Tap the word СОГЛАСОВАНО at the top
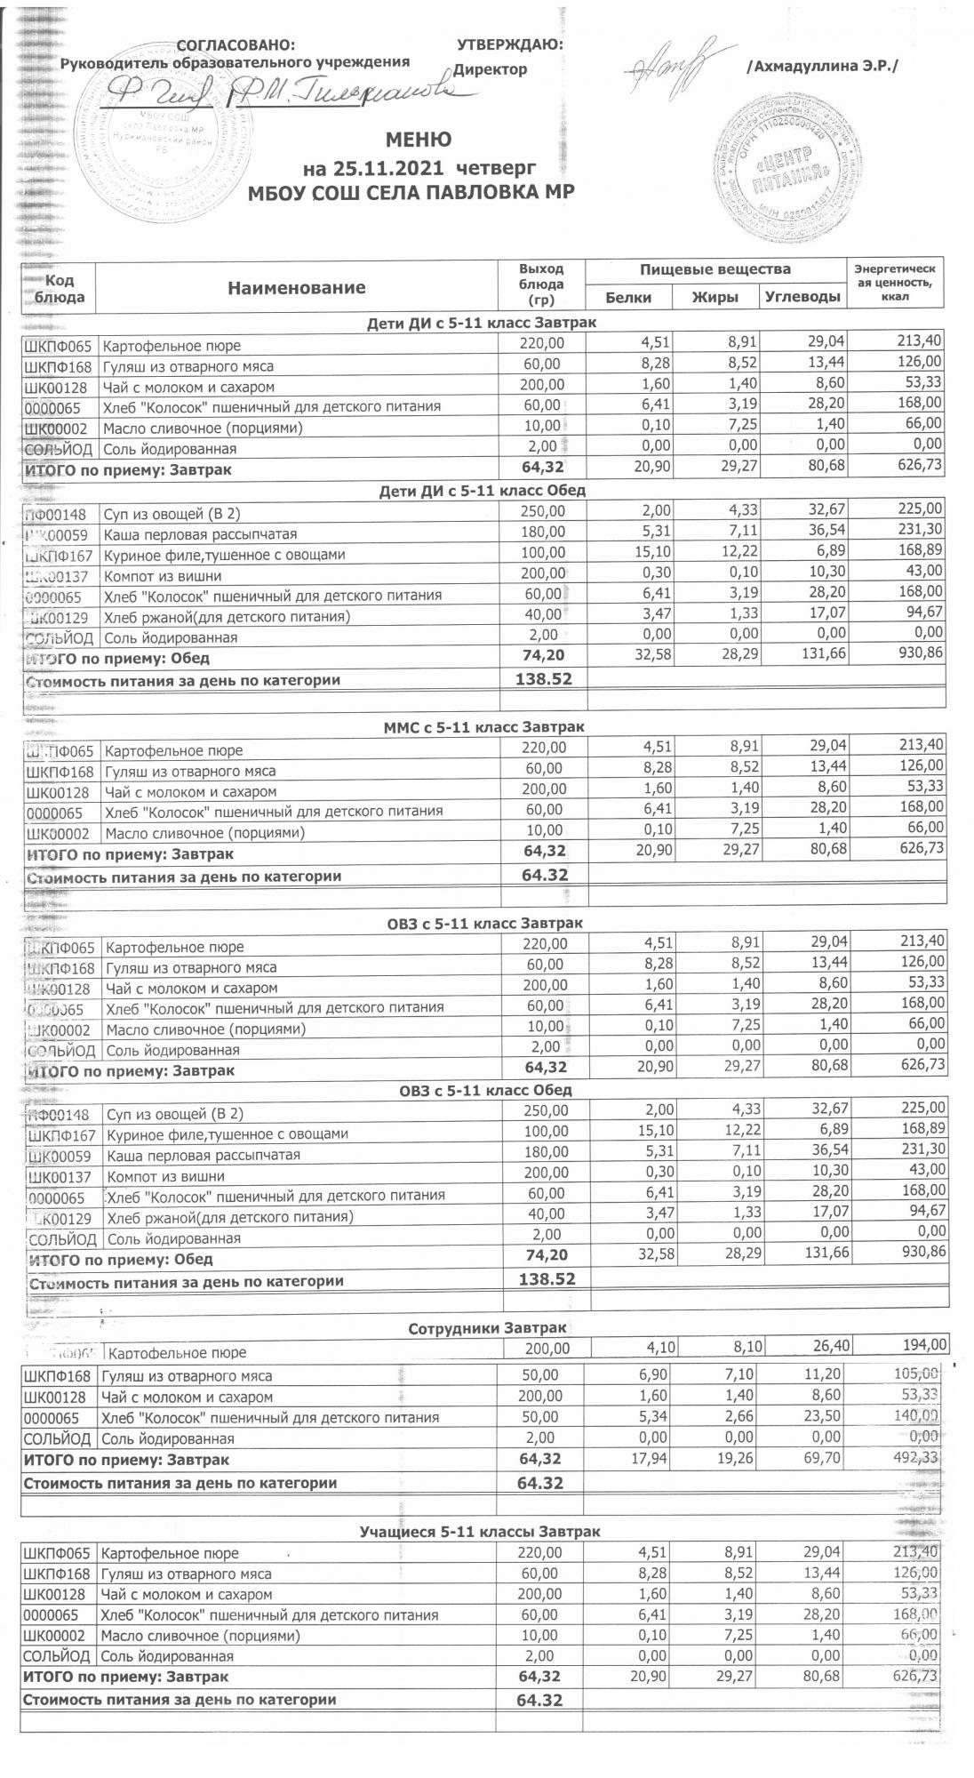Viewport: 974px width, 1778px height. click(236, 45)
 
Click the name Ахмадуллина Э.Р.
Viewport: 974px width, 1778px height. click(823, 67)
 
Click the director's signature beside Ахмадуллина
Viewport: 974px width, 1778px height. click(673, 62)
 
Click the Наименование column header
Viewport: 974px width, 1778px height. click(296, 287)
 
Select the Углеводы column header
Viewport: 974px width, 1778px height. click(802, 298)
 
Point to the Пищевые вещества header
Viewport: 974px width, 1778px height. click(715, 269)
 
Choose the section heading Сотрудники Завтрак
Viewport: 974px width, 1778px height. click(486, 1328)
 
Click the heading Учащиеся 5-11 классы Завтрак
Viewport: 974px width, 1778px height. click(479, 1532)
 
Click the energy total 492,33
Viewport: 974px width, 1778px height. click(914, 1459)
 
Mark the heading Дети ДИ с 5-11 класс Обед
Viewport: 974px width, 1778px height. click(483, 490)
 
